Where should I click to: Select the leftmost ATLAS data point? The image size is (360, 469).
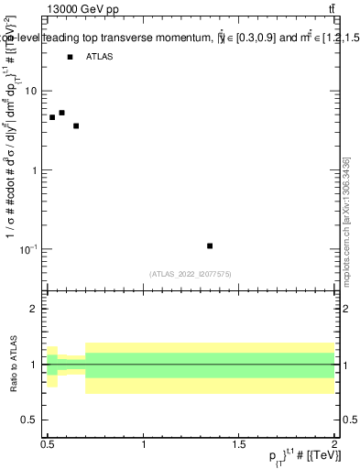tap(52, 117)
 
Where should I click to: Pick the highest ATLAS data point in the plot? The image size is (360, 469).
tap(61, 113)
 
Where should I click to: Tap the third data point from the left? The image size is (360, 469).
tap(76, 125)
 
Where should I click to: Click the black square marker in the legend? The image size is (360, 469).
tap(70, 57)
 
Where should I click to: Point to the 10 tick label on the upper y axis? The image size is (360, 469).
tap(32, 92)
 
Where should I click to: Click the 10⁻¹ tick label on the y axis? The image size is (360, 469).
tap(29, 249)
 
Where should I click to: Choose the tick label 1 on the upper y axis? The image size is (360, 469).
tap(35, 170)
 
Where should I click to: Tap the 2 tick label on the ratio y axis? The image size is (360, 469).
tap(34, 310)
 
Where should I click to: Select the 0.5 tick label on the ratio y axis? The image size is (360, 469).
tap(29, 420)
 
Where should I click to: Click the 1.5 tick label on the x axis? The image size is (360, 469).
tap(240, 445)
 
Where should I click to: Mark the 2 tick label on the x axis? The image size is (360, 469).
tap(334, 445)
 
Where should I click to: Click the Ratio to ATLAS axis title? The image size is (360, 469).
tap(13, 365)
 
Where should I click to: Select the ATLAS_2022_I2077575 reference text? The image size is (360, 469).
tap(191, 274)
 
